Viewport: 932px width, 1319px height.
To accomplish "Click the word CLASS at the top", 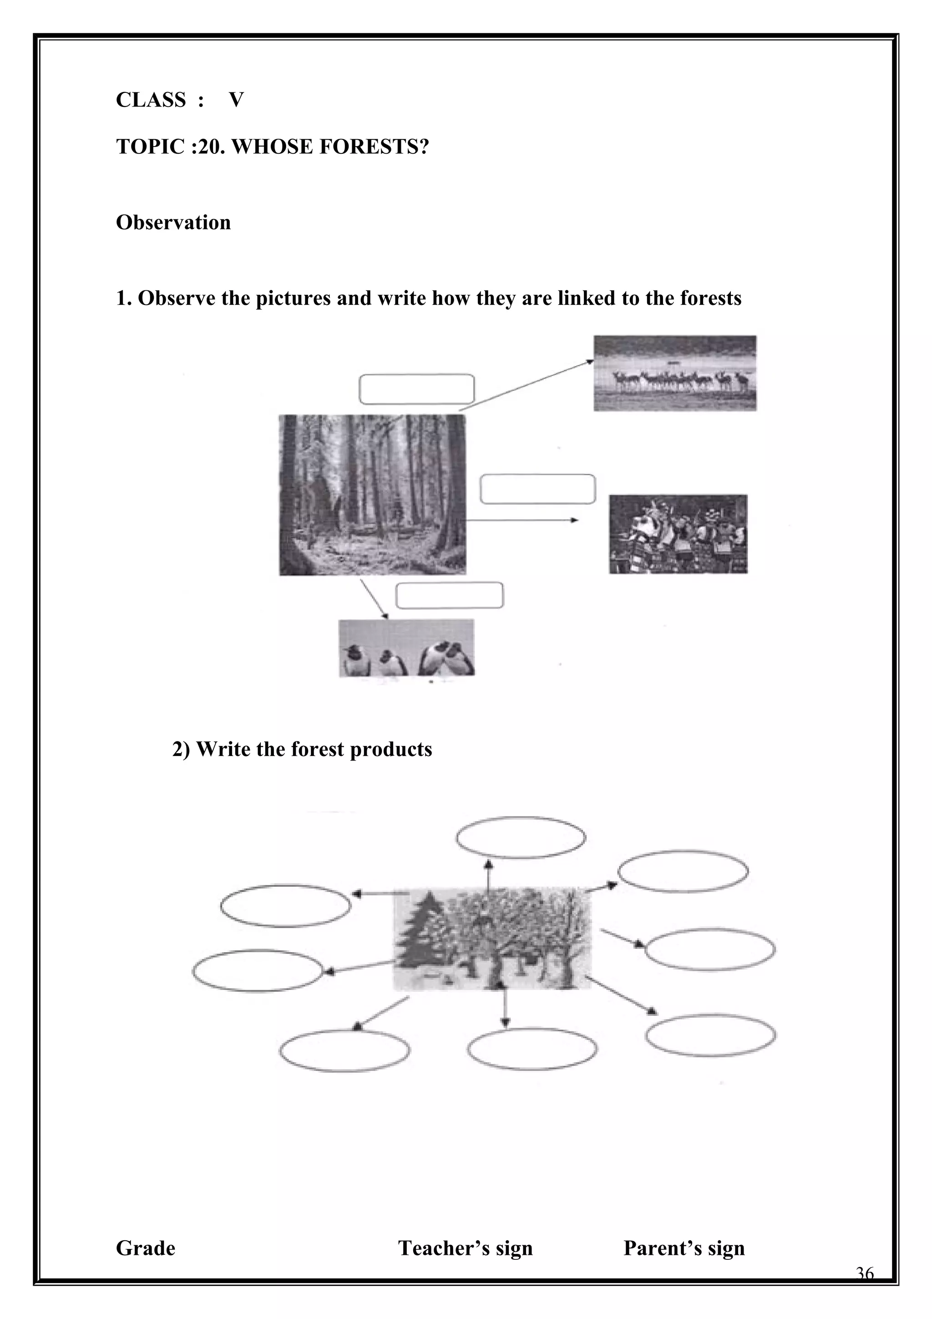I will (151, 100).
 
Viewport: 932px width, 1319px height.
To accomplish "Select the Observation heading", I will (173, 222).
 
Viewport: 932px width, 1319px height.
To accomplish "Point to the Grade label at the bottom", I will (145, 1248).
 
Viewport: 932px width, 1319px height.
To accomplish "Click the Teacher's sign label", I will (465, 1248).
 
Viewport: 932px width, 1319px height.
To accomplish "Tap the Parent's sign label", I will (684, 1248).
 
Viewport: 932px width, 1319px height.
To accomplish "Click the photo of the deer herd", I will (675, 373).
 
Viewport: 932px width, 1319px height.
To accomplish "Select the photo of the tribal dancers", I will (678, 534).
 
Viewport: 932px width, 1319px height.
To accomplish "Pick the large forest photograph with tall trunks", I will (373, 495).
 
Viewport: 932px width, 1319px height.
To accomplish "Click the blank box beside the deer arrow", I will (416, 389).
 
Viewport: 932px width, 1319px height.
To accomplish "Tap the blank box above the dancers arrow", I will (537, 489).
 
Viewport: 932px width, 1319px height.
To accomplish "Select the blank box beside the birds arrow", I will (450, 595).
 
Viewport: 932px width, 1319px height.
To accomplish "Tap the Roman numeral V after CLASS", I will (236, 100).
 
